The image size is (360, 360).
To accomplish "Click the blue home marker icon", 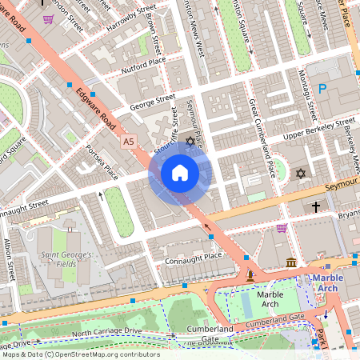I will pyautogui.click(x=179, y=173).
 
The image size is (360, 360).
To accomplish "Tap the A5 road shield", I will pyautogui.click(x=129, y=141).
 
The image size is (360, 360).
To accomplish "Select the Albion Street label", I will pyautogui.click(x=10, y=260).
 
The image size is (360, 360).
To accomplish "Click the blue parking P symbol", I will pyautogui.click(x=323, y=90).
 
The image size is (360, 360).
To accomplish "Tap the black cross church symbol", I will pyautogui.click(x=315, y=207).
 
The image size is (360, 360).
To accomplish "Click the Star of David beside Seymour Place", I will pyautogui.click(x=190, y=142).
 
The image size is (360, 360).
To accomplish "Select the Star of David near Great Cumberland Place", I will pyautogui.click(x=301, y=173).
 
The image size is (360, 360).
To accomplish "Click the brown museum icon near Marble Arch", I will pyautogui.click(x=290, y=262).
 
